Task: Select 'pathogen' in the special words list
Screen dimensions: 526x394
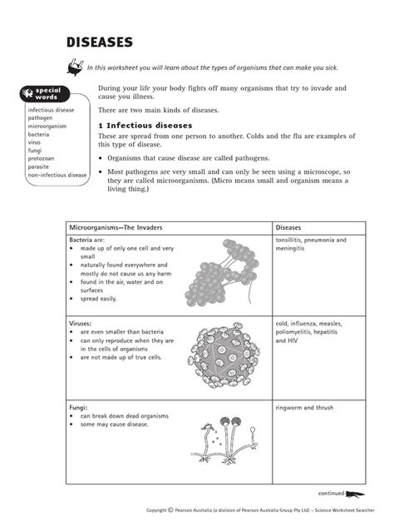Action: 42,117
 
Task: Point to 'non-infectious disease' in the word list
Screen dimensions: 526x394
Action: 57,176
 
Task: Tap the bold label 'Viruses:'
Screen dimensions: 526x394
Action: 81,324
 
